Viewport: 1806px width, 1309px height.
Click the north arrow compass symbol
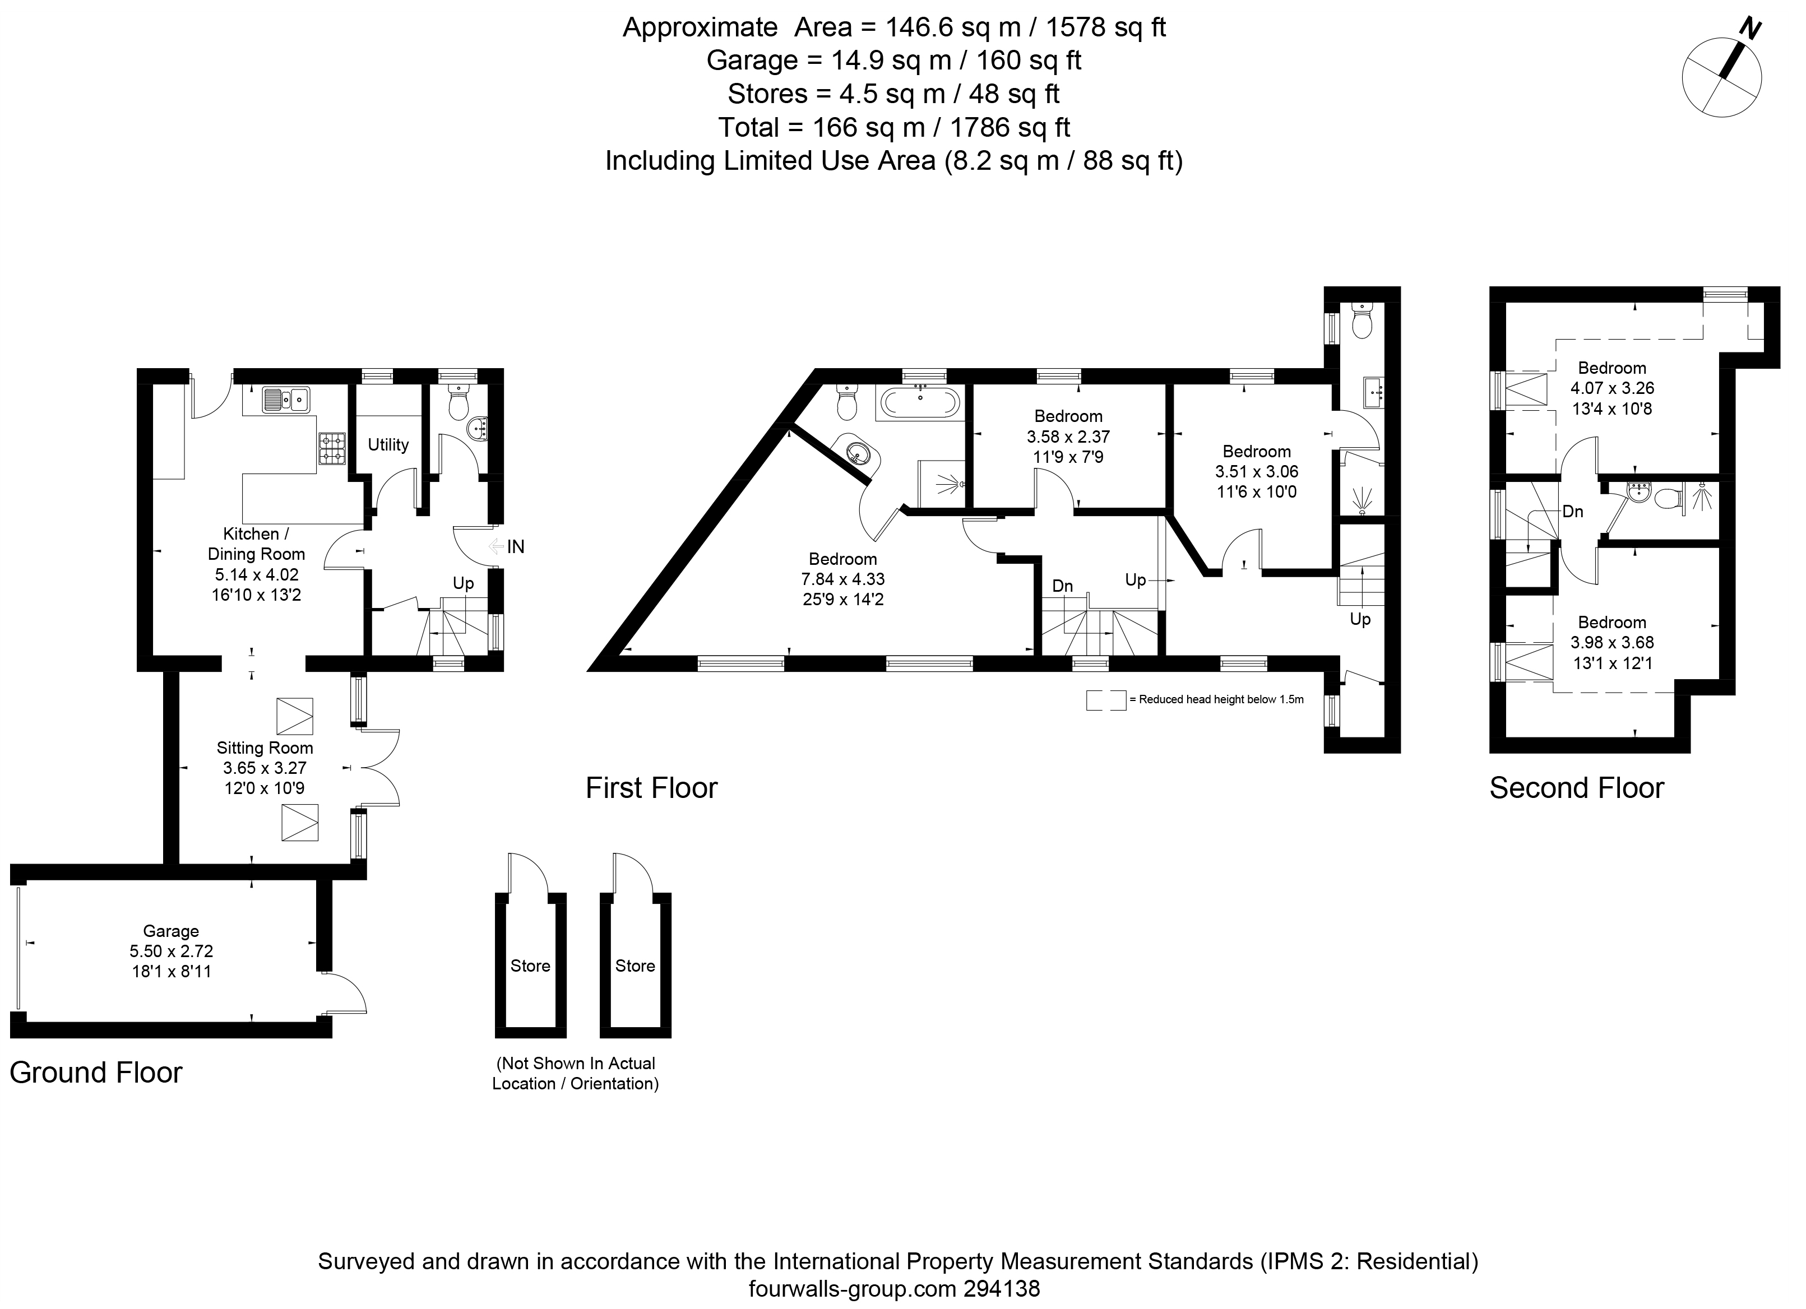coord(1721,77)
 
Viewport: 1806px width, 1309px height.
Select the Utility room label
coord(388,444)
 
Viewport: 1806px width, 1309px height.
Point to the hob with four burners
coord(332,448)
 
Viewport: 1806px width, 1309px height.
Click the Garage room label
coord(170,931)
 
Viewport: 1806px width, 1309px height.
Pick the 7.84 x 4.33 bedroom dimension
coord(842,579)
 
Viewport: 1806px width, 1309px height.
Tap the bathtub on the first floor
coord(920,403)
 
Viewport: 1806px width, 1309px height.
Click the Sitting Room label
coord(265,748)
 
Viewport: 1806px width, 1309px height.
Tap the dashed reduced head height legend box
coord(1106,700)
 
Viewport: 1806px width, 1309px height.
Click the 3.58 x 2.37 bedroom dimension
coord(1068,437)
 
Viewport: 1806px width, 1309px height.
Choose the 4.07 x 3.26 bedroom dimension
coord(1611,388)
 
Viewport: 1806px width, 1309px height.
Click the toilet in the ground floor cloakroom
coord(458,405)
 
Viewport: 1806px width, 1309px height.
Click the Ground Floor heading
coord(95,1073)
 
